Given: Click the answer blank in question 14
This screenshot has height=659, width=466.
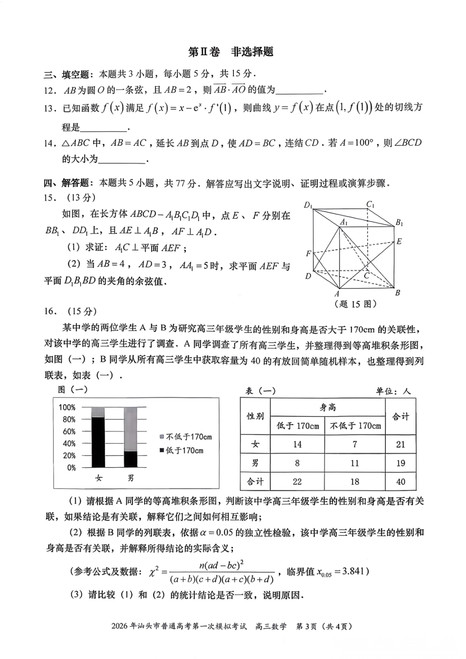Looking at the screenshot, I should (x=123, y=160).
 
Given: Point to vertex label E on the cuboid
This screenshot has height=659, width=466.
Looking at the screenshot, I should (x=399, y=241).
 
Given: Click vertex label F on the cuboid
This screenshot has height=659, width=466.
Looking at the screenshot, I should (x=308, y=254).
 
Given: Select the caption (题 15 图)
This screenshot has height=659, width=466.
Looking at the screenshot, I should (x=355, y=304).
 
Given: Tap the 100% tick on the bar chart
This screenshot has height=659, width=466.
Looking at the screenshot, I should (x=67, y=407).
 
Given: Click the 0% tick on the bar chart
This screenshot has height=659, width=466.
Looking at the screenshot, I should (x=71, y=467).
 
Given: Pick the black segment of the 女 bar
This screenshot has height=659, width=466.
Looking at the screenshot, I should (x=98, y=442).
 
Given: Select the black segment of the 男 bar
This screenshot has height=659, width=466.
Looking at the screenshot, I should (x=130, y=459).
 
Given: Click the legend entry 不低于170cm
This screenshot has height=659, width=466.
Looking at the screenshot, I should (x=186, y=437).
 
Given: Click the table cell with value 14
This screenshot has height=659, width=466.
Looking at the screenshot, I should (x=297, y=444).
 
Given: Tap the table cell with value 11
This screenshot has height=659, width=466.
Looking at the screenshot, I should (x=355, y=463).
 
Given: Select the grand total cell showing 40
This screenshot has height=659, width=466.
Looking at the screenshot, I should (x=400, y=482).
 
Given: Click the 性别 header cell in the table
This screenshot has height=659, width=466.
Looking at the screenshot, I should (x=255, y=416).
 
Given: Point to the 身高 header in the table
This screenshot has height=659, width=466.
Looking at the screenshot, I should (x=327, y=407).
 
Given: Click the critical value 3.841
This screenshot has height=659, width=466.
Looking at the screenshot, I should (x=353, y=571).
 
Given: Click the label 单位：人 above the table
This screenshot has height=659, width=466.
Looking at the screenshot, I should (x=393, y=391).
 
